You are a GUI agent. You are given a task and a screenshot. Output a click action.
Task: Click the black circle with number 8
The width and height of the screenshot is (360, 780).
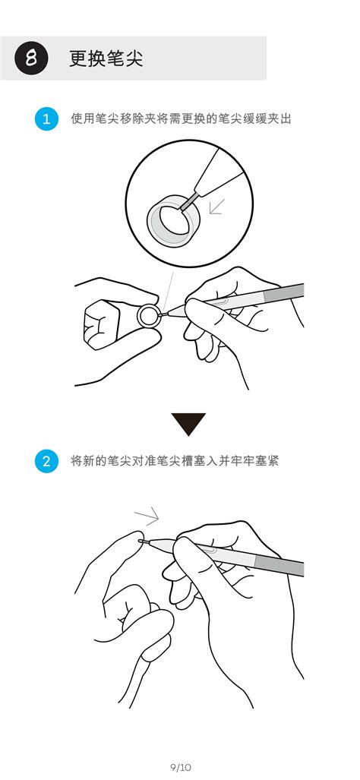click(31, 58)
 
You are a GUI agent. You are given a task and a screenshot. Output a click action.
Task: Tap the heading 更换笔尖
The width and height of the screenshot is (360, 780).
click(106, 58)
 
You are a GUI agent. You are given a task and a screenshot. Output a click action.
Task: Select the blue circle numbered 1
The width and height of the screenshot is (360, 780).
click(46, 119)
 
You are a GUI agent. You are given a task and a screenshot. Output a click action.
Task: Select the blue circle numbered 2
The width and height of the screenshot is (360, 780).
click(46, 461)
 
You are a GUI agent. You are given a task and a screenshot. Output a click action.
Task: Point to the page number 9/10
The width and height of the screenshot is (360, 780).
click(181, 767)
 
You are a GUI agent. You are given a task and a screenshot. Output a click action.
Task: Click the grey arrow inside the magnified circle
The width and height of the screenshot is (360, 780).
click(217, 206)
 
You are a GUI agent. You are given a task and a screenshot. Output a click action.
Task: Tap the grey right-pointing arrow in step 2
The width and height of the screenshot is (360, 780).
click(146, 517)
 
